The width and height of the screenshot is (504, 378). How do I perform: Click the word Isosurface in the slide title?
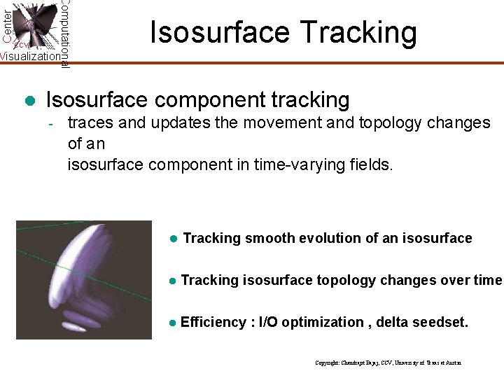(x=211, y=33)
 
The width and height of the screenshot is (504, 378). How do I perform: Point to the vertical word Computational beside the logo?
(x=64, y=34)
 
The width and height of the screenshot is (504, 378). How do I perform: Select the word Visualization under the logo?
(x=30, y=57)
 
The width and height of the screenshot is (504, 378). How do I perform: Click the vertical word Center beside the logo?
(x=7, y=24)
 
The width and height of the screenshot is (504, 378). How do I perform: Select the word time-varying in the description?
(x=300, y=165)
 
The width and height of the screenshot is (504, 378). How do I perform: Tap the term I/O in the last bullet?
(x=269, y=323)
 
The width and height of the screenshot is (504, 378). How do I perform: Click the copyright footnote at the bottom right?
(x=388, y=363)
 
